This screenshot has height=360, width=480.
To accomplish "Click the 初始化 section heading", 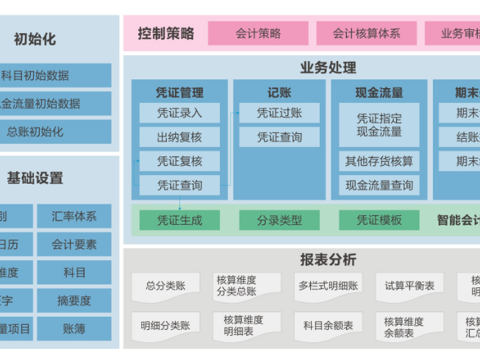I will [x=35, y=40].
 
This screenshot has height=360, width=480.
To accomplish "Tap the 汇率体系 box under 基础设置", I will [x=74, y=217].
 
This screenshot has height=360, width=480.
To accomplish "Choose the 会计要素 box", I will [x=74, y=245].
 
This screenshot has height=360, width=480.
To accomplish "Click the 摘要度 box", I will [x=74, y=300].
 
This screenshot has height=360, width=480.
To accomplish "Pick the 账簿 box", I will [x=74, y=328].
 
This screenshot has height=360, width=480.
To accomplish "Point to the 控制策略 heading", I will [x=166, y=33].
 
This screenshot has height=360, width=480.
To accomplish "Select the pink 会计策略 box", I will [x=258, y=33].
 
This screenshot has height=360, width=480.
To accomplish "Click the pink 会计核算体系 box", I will [x=366, y=33].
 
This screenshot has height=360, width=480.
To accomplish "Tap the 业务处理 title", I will [x=328, y=68].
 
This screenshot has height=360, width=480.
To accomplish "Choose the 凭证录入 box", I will [x=179, y=113].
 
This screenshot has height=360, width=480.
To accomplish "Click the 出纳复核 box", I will [x=179, y=137].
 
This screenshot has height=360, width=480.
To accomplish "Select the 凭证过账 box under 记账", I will [x=279, y=113].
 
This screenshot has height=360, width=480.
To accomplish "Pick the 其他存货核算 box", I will [x=379, y=162].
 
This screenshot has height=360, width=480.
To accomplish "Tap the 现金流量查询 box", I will [x=379, y=186].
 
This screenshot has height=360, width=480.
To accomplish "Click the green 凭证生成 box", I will [x=179, y=220].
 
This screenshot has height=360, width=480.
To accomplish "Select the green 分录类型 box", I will [x=279, y=220].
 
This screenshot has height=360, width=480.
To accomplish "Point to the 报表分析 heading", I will [x=328, y=259].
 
